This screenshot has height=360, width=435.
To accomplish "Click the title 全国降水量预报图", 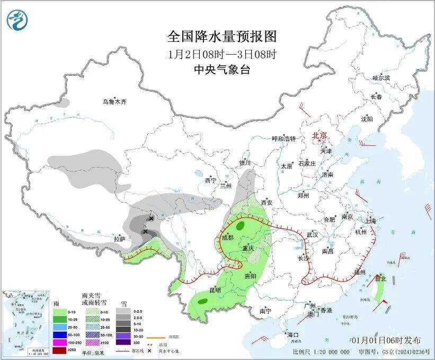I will (222, 37).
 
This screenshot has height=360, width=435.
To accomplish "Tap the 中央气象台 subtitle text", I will (222, 70).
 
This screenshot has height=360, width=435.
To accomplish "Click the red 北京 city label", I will (320, 135).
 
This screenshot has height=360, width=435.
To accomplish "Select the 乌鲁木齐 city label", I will (115, 102).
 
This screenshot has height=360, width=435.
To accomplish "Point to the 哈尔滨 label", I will (381, 78).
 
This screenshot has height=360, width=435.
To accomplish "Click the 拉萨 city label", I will (120, 239).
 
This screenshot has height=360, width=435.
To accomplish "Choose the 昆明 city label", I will (215, 291).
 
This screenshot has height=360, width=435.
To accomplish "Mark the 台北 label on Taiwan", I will (380, 278).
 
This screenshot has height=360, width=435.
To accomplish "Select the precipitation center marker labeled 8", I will (145, 231).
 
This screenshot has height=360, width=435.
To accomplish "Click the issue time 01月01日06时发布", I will (386, 340).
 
